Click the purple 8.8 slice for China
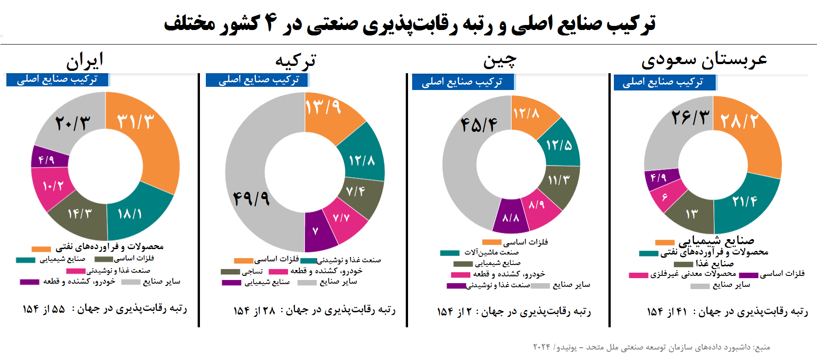[x=511, y=217]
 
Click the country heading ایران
[x=85, y=60]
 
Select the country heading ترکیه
[x=295, y=60]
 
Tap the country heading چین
[x=500, y=60]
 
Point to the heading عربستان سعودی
[x=704, y=60]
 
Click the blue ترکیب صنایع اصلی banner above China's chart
[x=463, y=82]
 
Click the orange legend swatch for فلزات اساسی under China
[x=491, y=242]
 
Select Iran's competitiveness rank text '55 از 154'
[x=44, y=310]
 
